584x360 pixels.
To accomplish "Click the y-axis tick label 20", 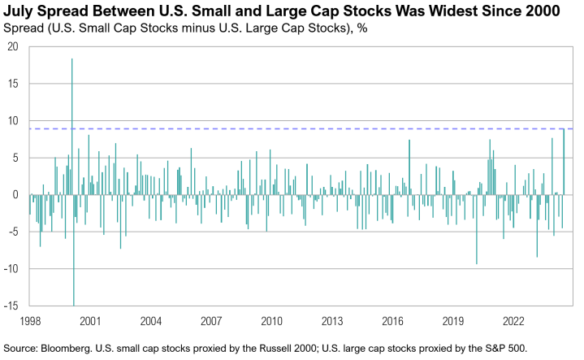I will click(12, 46).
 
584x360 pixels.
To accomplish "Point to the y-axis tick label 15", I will click(12, 84).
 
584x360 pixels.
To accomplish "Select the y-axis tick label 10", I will click(12, 121).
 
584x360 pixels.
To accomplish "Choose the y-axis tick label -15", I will click(11, 306).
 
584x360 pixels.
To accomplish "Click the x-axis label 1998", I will click(29, 320).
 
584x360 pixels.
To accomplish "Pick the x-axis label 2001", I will click(89, 320).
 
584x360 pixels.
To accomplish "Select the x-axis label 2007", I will click(210, 320).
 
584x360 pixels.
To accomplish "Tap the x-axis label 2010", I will click(271, 320).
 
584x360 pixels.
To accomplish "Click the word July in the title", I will click(20, 11).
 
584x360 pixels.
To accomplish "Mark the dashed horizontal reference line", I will click(325, 129).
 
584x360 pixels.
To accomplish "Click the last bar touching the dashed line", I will click(564, 163).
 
